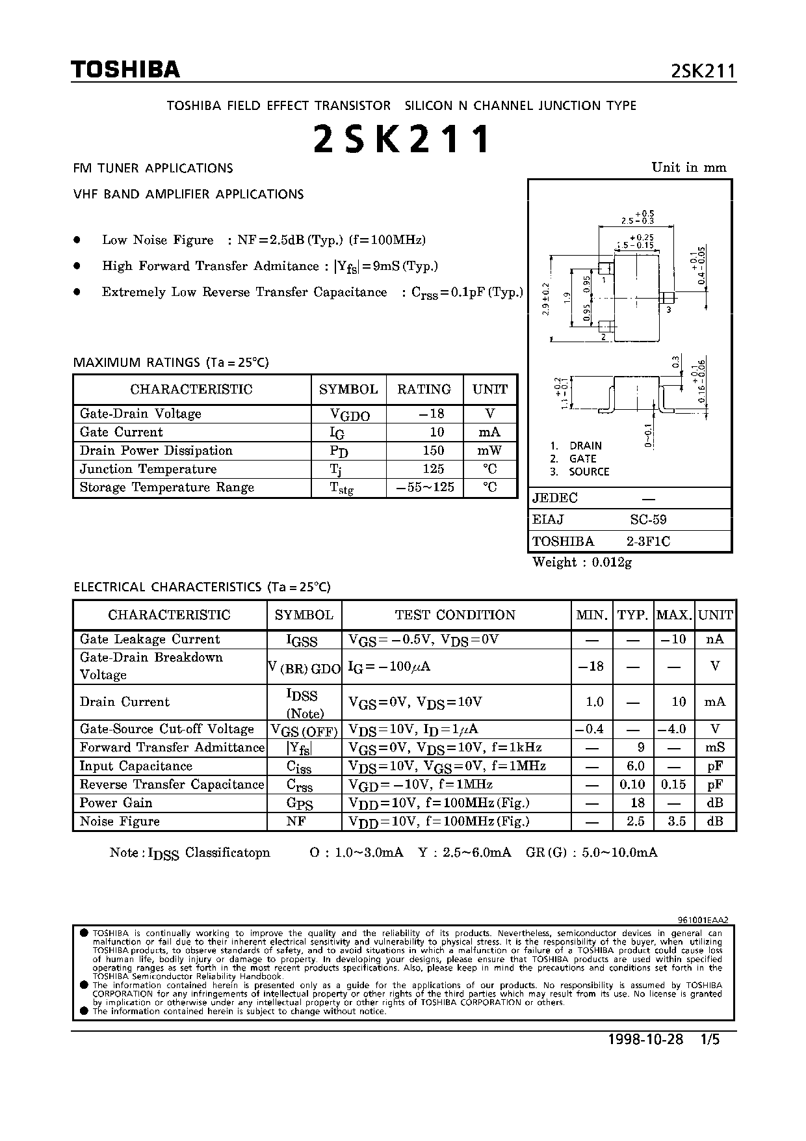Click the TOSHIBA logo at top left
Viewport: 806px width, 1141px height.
click(125, 70)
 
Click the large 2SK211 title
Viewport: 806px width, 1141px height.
click(401, 139)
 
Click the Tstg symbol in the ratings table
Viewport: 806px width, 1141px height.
click(342, 489)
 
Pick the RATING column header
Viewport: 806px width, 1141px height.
click(424, 389)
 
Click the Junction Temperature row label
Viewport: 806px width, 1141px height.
click(148, 469)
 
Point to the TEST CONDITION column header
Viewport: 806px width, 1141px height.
click(455, 615)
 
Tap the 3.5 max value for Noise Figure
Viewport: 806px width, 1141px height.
click(677, 821)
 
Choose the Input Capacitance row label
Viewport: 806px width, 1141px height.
click(136, 766)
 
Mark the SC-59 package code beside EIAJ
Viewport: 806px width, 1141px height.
click(648, 519)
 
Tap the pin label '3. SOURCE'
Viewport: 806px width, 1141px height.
click(580, 472)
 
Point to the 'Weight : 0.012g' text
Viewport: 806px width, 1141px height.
click(582, 562)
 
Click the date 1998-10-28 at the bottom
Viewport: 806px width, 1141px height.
click(645, 1039)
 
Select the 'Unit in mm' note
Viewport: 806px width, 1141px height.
click(689, 167)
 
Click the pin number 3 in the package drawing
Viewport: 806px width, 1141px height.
click(668, 310)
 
